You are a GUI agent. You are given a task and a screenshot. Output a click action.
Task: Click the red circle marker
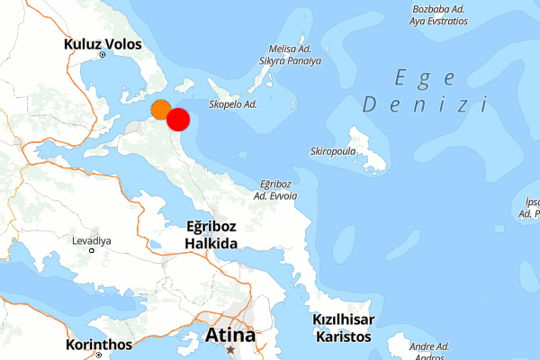coord(178,120)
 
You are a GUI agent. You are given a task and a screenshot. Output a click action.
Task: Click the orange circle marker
coord(160,110)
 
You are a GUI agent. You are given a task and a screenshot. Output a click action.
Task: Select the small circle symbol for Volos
coord(103,55)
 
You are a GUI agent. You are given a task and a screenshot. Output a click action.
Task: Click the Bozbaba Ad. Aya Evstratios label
coord(437,13)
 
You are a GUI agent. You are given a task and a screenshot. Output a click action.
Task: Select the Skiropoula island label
coord(334,151)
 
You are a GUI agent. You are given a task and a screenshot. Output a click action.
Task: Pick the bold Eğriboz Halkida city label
coord(211,235)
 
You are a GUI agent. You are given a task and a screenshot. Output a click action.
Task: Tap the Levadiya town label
coord(91,241)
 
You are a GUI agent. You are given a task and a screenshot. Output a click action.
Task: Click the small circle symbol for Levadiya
coord(92,252)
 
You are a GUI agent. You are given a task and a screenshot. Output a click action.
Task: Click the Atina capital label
coord(230,335)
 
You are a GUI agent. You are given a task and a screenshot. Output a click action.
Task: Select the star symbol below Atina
coord(230,349)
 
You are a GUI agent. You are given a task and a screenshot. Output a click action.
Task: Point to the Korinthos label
coord(99,344)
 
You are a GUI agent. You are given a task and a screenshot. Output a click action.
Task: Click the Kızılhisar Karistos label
coord(342,328)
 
